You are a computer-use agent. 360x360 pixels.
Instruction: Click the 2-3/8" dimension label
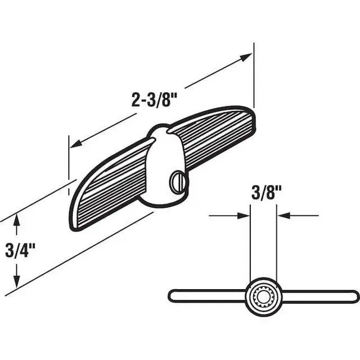(154, 100)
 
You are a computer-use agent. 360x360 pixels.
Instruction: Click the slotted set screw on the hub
(179, 181)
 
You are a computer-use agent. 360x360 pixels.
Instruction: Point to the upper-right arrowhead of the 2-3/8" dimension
(245, 57)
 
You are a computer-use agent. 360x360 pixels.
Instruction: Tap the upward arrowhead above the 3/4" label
(16, 220)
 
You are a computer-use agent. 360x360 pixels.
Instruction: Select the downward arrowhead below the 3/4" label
(16, 281)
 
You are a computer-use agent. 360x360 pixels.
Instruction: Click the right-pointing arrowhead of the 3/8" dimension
(244, 216)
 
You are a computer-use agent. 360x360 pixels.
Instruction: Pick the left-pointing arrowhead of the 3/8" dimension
(283, 216)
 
